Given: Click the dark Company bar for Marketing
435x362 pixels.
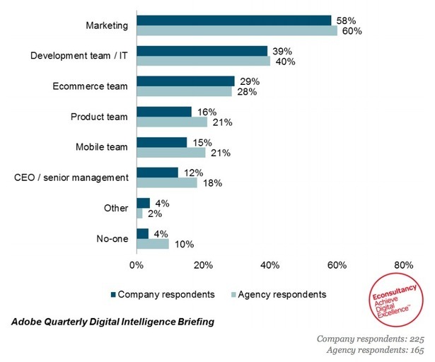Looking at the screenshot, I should click(233, 20).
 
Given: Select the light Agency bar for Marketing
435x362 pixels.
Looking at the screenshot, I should click(236, 30).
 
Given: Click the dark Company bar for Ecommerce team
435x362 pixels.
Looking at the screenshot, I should click(185, 81).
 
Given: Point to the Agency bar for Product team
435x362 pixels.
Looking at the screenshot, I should click(171, 122).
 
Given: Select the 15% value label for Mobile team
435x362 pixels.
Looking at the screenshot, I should click(199, 142).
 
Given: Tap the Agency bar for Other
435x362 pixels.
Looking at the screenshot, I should click(139, 214).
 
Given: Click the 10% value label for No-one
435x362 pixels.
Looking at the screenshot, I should click(183, 244).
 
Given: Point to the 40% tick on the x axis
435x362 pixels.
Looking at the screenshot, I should click(270, 266).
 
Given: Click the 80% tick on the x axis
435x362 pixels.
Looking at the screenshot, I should click(404, 266).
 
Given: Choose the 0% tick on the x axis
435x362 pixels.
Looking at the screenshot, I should click(137, 266).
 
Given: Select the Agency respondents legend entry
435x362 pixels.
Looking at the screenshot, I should click(278, 293).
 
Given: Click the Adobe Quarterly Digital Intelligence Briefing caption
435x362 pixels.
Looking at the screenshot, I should click(110, 322).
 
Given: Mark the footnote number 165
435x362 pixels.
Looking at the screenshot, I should click(415, 350).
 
